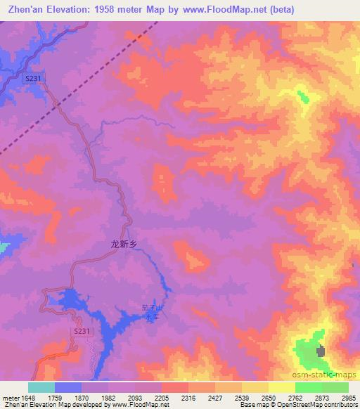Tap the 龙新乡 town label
pyautogui.click(x=121, y=245)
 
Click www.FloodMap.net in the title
pyautogui.click(x=219, y=9)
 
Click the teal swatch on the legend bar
pyautogui.click(x=41, y=387)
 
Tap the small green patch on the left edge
pyautogui.click(x=4, y=247)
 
